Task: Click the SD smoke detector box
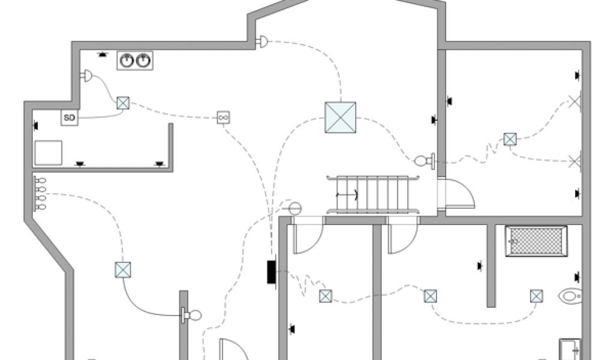coord(70,118)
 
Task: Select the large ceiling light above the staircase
coord(340,118)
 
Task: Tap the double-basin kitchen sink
coord(134,60)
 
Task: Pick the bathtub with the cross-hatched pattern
coord(535,241)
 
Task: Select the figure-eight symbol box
coord(224,117)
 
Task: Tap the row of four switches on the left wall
coord(41,193)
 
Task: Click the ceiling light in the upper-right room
coord(510,139)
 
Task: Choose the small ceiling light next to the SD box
coord(123,103)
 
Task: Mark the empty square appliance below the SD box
coord(48,152)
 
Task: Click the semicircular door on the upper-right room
coord(459,194)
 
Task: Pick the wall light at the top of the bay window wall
coord(262,41)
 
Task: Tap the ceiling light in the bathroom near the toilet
coord(536,296)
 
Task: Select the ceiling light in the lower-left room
coord(122,269)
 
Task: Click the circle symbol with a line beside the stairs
coord(294,208)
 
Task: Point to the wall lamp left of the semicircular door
coord(423,160)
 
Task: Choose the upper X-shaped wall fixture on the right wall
coord(576,101)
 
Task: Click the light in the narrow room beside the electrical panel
coord(325,296)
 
